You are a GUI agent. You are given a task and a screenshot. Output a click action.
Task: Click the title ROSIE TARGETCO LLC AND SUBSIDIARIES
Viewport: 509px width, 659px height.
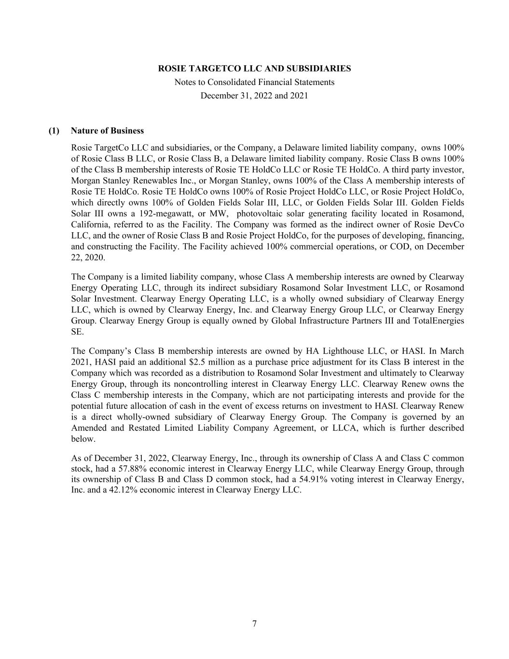coord(254,69)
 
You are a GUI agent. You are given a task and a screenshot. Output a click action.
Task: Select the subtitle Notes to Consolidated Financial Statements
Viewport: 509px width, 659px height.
coord(254,82)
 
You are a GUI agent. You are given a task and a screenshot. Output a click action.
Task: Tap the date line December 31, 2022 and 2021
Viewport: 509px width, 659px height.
coord(254,96)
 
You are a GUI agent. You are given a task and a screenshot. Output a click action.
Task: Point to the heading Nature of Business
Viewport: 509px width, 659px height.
coord(107,131)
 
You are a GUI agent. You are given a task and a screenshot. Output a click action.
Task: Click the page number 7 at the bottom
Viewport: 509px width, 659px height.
coord(254,624)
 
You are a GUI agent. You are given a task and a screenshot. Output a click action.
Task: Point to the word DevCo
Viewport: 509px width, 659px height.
coord(453,224)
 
